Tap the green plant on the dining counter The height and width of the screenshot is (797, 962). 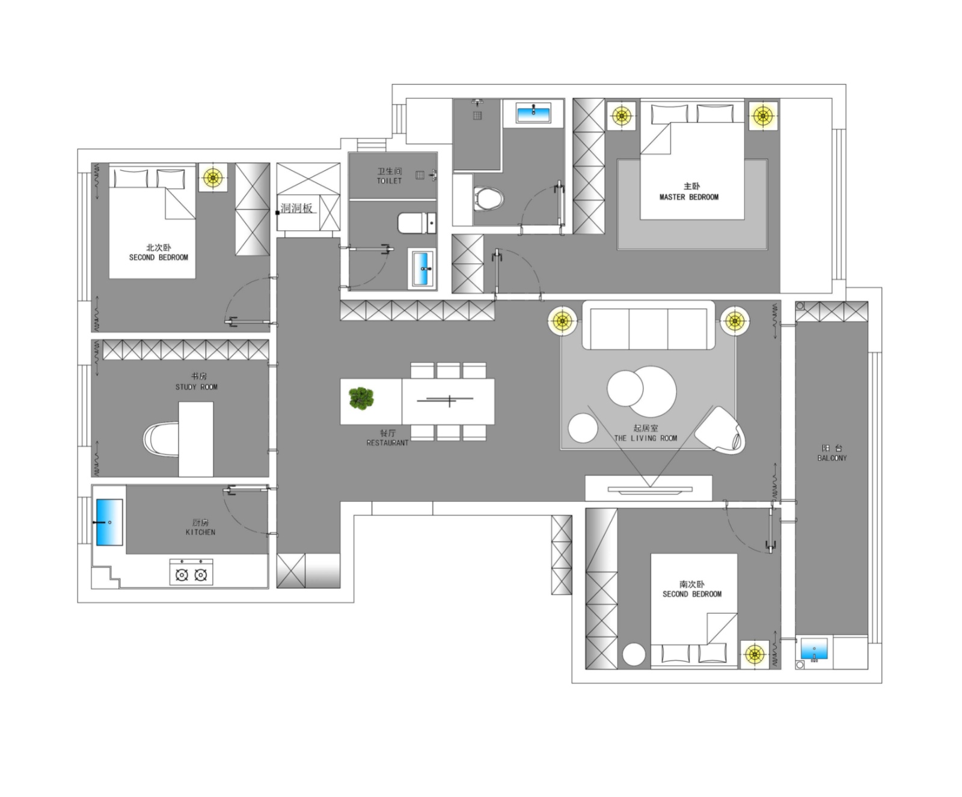361,398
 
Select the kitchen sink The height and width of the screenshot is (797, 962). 109,522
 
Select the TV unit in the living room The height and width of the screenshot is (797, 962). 649,488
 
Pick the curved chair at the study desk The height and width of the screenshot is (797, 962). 161,439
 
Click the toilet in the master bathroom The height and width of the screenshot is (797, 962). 488,198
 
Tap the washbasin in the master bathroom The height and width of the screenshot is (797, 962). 533,112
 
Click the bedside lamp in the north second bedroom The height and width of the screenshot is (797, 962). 213,177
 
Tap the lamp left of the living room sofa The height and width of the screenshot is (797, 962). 563,321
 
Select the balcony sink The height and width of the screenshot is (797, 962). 814,649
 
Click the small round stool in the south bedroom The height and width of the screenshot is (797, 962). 634,655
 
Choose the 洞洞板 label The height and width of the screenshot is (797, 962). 296,208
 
